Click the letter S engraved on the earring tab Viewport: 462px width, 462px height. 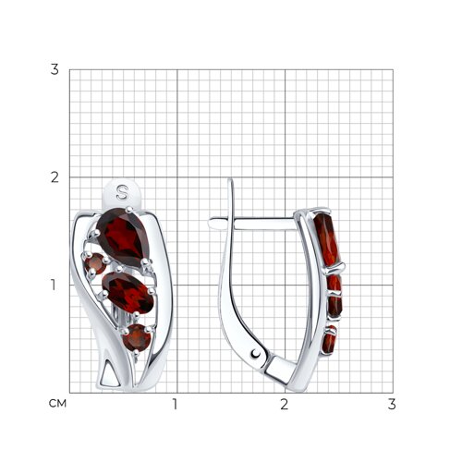122,192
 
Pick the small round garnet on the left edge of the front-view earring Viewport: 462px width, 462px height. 95,263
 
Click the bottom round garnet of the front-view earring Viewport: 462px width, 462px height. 137,338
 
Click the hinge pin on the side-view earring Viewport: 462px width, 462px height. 255,354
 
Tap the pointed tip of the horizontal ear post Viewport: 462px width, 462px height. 210,223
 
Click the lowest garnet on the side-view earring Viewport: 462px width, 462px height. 329,339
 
